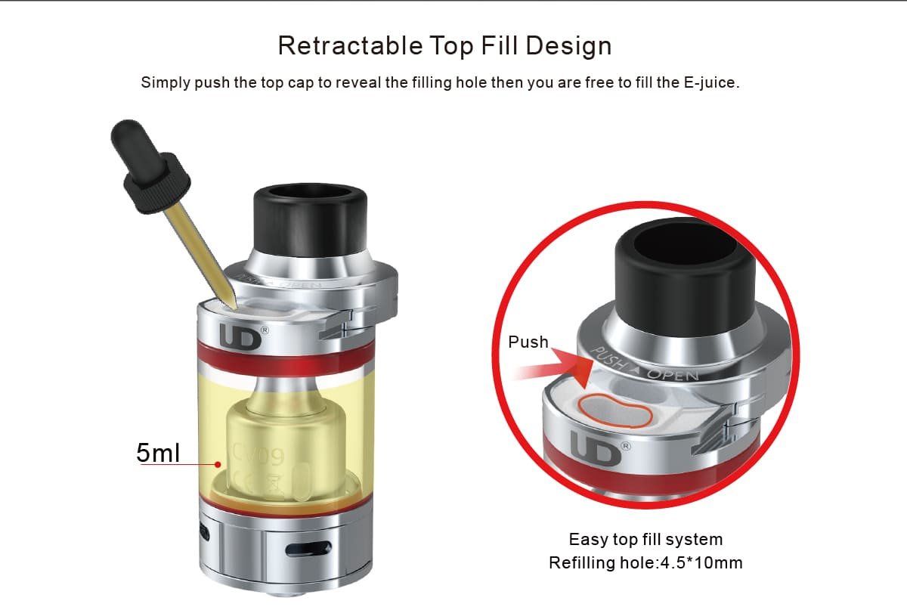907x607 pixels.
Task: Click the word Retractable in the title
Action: tap(350, 45)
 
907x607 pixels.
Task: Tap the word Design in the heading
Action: tap(568, 47)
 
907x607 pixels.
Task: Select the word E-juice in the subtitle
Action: tap(711, 83)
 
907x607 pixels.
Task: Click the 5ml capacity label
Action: tap(157, 453)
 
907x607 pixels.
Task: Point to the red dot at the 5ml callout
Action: tap(218, 464)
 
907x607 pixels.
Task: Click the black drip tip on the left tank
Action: tap(310, 221)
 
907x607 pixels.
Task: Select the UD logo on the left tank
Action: tap(241, 337)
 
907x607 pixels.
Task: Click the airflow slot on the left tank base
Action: tap(308, 549)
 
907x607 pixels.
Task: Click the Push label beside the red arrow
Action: tap(528, 342)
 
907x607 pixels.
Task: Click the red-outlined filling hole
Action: tap(615, 411)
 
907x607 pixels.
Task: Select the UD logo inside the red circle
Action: tap(596, 448)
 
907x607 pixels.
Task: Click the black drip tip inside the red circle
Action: tap(685, 277)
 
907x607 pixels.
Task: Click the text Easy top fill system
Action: tap(645, 540)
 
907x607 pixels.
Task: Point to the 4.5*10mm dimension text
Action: tap(701, 563)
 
